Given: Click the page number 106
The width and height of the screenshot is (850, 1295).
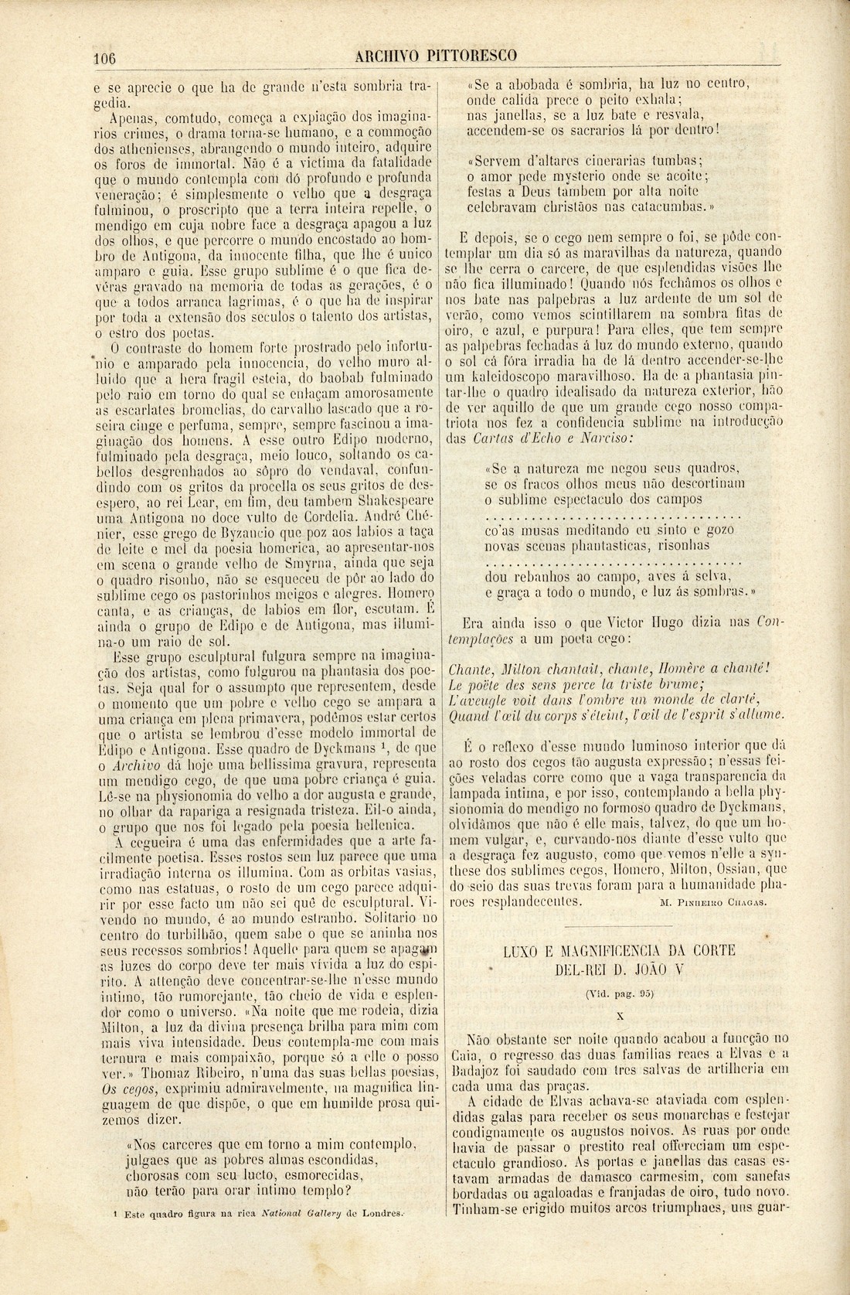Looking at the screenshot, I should tap(104, 56).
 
